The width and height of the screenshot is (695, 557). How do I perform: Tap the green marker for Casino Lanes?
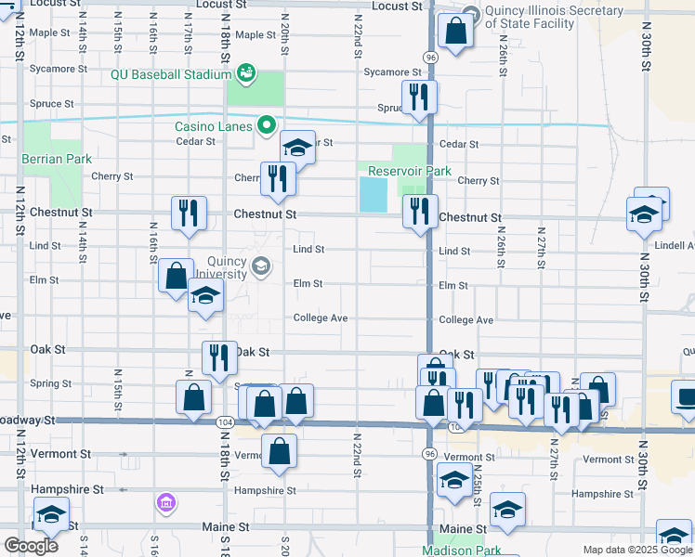(x=267, y=124)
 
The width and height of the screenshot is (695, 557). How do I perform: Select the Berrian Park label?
(x=58, y=159)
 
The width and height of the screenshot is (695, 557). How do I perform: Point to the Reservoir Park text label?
(x=410, y=171)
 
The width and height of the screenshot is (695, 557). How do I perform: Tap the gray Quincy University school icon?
(x=261, y=267)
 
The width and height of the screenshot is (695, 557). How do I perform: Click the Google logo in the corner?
(x=30, y=546)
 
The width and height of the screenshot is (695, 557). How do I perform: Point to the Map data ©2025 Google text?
(x=636, y=551)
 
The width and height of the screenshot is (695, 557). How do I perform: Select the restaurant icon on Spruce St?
(x=419, y=97)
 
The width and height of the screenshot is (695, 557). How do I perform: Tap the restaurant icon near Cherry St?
(x=277, y=177)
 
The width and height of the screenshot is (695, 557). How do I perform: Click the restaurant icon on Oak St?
(x=219, y=356)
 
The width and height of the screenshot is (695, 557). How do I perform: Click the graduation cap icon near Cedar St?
(x=297, y=147)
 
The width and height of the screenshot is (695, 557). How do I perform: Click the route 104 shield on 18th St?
(x=225, y=421)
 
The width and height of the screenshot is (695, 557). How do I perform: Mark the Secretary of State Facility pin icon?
(x=469, y=14)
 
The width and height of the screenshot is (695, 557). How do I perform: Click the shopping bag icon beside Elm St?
(x=176, y=276)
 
